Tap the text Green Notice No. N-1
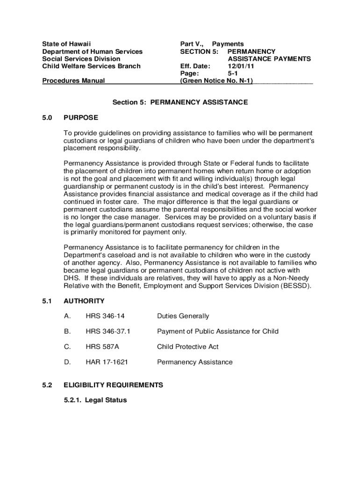tap(216, 81)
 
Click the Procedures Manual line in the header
tap(73, 81)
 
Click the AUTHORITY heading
tap(84, 301)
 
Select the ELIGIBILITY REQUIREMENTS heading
tap(113, 385)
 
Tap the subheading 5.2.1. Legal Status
tap(95, 400)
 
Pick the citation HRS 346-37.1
tap(108, 331)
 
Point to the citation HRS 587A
tap(101, 347)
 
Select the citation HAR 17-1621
tap(107, 362)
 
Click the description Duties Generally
tap(183, 316)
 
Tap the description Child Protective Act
tap(187, 347)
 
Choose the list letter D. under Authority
tap(67, 362)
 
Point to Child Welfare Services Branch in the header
tap(91, 66)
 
